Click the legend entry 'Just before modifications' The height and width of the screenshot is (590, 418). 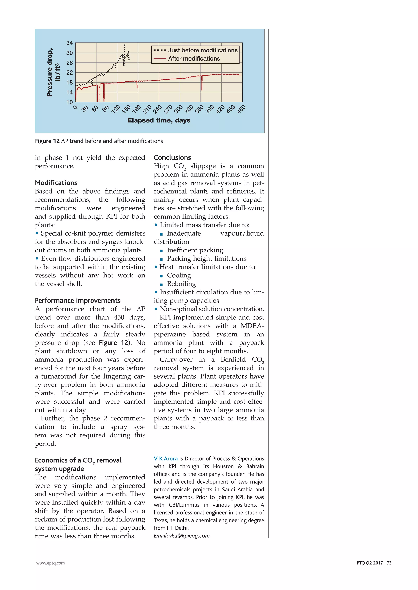[203, 50]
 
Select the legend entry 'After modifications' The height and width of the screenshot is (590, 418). [194, 59]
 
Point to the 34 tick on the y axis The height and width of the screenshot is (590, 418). [69, 43]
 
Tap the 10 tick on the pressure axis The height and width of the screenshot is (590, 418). [69, 102]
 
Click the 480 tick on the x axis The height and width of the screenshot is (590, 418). [241, 109]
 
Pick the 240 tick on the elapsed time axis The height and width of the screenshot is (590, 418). [158, 109]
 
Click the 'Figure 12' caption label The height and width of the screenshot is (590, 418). [47, 141]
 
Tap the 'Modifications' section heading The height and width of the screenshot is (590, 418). [56, 183]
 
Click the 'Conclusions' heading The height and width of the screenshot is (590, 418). [172, 157]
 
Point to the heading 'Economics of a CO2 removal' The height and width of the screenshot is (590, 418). [78, 460]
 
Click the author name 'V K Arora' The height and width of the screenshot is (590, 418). [166, 459]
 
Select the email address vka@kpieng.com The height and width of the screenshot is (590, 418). [189, 536]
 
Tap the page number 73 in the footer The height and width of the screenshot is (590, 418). [389, 563]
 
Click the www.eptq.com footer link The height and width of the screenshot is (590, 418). [50, 563]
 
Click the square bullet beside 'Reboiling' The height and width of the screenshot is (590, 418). [161, 284]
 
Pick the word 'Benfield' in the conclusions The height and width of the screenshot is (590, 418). [233, 360]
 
